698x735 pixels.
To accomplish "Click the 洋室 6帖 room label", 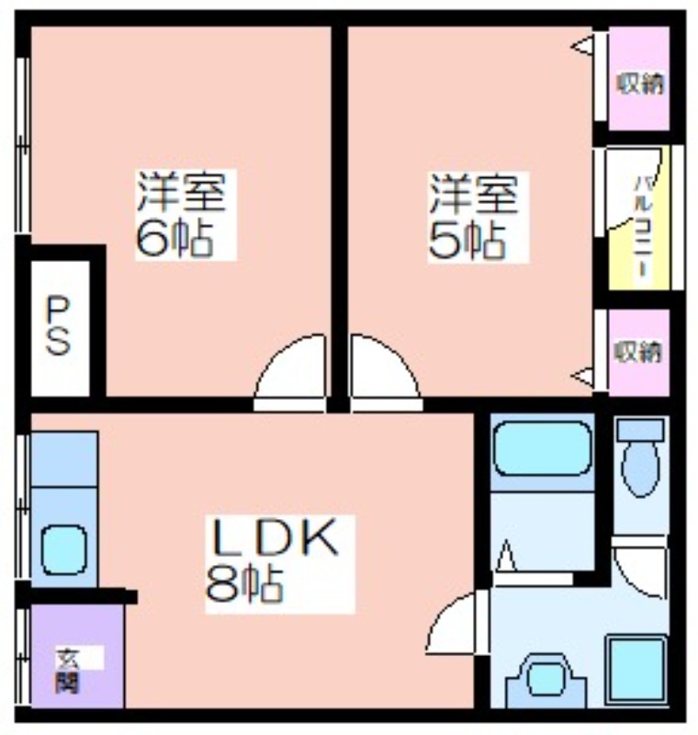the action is click(x=181, y=215).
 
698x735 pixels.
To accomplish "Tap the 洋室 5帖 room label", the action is click(x=474, y=217).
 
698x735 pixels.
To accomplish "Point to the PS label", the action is click(x=59, y=327).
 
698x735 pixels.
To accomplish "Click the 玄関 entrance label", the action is click(x=67, y=670).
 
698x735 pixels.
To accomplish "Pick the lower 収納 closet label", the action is click(x=638, y=352).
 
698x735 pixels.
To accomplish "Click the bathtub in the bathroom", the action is click(x=543, y=448).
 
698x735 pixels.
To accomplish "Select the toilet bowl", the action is click(x=640, y=469).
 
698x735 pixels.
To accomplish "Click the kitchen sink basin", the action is click(x=64, y=549).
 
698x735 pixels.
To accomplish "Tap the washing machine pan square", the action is click(x=636, y=670).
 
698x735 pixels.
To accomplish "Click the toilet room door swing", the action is click(x=639, y=568).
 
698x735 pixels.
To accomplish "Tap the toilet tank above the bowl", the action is click(x=640, y=430).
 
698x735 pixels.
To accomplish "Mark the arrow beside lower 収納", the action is click(x=582, y=376).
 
